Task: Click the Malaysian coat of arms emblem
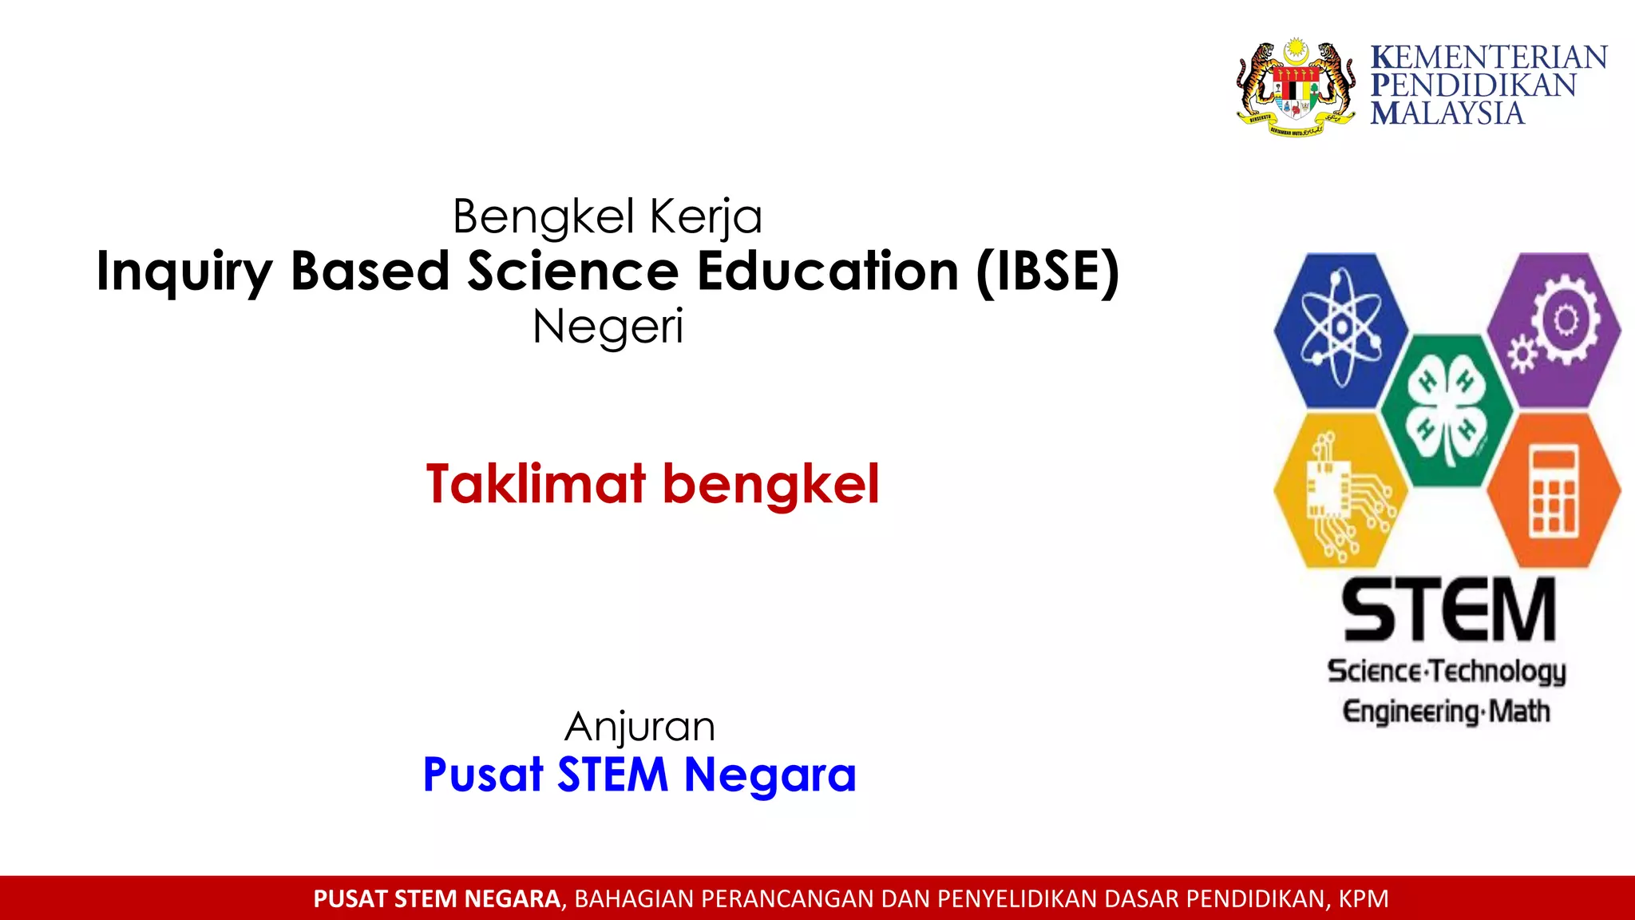(1296, 87)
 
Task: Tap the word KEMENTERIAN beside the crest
(1489, 58)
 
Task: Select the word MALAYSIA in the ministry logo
(1447, 113)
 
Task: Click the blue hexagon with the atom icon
(1340, 330)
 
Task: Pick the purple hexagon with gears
(1554, 330)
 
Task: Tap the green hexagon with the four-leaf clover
(1447, 410)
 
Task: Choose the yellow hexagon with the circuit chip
(1340, 490)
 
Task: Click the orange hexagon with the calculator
(1554, 490)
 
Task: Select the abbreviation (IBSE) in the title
(1047, 272)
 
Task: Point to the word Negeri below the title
(608, 327)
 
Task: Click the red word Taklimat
(536, 485)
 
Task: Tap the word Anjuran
(639, 727)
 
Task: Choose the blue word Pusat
(483, 775)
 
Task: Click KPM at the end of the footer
(1364, 899)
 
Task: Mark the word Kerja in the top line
(707, 217)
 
